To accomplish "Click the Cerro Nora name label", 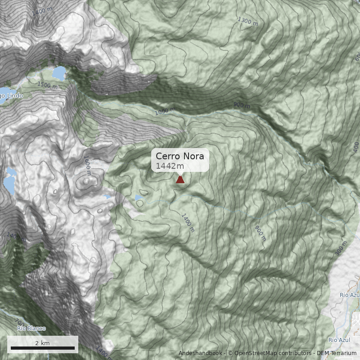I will click(180, 156).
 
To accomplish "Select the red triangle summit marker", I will click(180, 180).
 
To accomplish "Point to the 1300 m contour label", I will click(247, 21).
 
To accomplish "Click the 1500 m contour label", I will click(47, 85).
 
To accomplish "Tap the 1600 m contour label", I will click(87, 166).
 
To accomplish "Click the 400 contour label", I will click(356, 147).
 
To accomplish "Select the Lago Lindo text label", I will click(10, 96).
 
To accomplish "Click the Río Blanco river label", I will click(31, 328).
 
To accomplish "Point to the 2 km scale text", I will click(42, 343).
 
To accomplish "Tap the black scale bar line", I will click(43, 348).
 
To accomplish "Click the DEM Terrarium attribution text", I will click(337, 353).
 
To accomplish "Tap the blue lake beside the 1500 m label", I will click(59, 72).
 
